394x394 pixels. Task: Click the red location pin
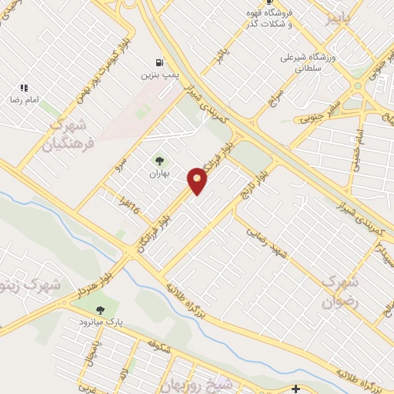[x=197, y=180]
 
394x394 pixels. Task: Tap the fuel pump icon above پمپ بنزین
[x=159, y=62]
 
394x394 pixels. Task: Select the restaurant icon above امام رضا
[x=24, y=88]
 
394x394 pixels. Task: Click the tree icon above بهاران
[x=159, y=161]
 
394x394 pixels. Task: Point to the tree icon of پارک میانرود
[x=99, y=309]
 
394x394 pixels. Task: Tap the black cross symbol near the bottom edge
[x=297, y=389]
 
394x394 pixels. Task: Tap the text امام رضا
[x=24, y=101]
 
